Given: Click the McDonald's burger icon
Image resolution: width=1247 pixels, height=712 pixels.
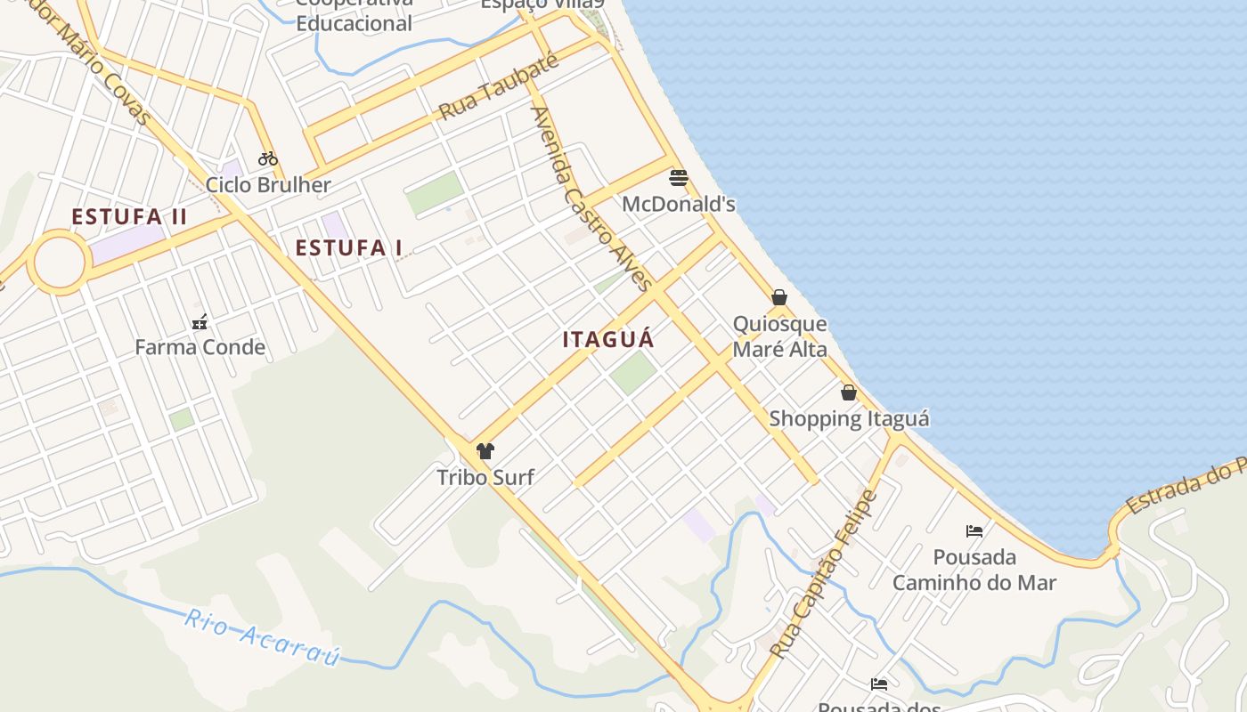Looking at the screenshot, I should tap(679, 178).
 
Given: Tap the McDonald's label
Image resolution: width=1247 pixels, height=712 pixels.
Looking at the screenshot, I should tap(679, 205).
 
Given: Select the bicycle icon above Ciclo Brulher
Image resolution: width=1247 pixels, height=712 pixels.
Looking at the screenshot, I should tap(268, 158).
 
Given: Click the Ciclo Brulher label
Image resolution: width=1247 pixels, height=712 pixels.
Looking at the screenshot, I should tap(268, 185).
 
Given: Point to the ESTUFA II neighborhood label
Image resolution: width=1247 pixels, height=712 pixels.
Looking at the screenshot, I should tap(129, 216).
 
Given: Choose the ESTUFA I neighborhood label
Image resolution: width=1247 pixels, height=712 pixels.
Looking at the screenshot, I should tap(348, 248).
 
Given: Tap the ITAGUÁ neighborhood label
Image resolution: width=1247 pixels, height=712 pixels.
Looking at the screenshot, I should tap(608, 339).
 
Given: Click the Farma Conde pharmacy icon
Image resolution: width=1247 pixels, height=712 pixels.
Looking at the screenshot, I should tap(200, 321).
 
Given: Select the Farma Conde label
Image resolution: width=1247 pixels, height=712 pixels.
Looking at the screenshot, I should tap(200, 347).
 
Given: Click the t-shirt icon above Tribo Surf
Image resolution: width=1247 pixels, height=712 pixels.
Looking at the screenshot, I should tap(485, 451).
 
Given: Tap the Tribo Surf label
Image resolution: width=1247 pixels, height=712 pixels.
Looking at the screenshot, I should tap(485, 478).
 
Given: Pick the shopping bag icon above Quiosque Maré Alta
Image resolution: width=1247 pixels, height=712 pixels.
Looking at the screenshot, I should tap(779, 297).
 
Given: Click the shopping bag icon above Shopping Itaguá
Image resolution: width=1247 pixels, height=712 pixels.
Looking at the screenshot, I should tap(849, 392).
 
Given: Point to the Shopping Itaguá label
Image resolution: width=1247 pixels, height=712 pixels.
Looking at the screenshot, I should tap(849, 418).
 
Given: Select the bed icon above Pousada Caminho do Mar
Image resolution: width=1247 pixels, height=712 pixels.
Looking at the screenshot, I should tap(974, 531).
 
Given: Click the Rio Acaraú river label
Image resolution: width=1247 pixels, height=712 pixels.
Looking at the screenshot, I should tap(263, 638).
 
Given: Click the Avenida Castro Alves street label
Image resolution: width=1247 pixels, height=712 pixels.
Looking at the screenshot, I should tap(591, 198).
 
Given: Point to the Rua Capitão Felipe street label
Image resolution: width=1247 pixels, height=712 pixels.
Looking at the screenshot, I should tap(824, 574).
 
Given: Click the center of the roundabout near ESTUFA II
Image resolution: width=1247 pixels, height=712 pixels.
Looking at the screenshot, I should tap(60, 263).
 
